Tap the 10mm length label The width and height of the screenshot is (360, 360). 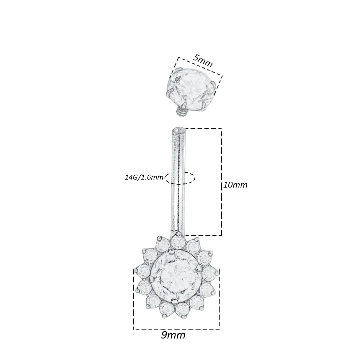point(235,185)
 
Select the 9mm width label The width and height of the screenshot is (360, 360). point(173,335)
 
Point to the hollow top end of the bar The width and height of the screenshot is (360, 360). point(178,131)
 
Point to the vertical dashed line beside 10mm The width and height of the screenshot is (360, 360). point(221,182)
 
